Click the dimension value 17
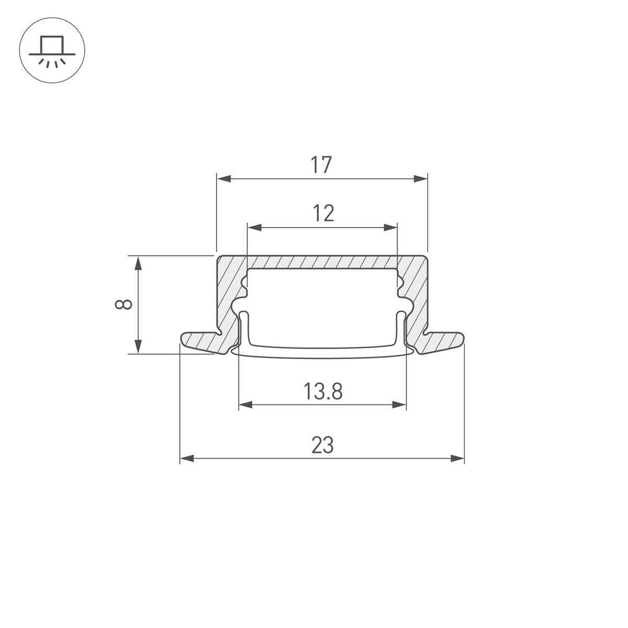[x=321, y=165]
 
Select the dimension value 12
[x=323, y=214]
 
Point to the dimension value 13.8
[x=323, y=391]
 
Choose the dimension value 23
[x=322, y=445]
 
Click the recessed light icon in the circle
[x=52, y=52]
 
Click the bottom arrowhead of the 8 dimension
[x=138, y=346]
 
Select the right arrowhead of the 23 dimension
[x=457, y=458]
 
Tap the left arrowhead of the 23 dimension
[x=187, y=458]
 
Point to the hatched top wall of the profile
[x=322, y=262]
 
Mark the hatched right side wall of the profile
[x=416, y=298]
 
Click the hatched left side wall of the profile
[x=228, y=298]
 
